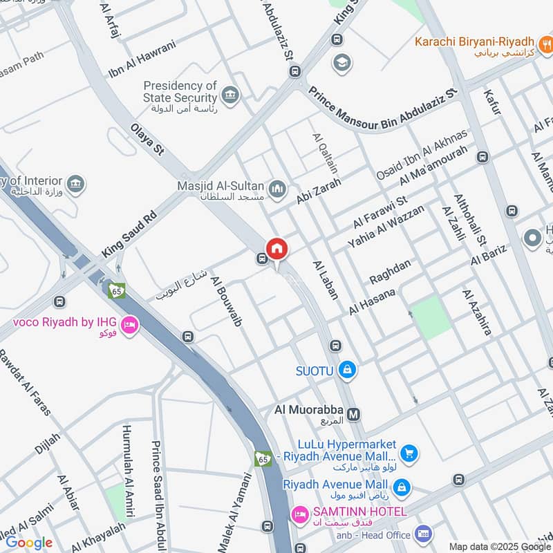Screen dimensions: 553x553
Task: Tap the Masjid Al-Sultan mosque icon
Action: (x=278, y=188)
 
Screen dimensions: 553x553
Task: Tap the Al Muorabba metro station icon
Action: (x=354, y=415)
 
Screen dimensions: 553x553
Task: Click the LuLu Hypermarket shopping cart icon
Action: (x=409, y=453)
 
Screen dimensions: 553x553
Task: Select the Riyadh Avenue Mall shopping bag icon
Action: (x=402, y=489)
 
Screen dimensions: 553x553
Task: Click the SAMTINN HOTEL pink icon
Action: (x=299, y=513)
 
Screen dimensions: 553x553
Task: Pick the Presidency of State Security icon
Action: (x=230, y=95)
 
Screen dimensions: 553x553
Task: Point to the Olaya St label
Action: (x=147, y=139)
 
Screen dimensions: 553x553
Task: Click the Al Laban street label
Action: (x=326, y=279)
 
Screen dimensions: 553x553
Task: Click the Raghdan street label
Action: (x=390, y=271)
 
